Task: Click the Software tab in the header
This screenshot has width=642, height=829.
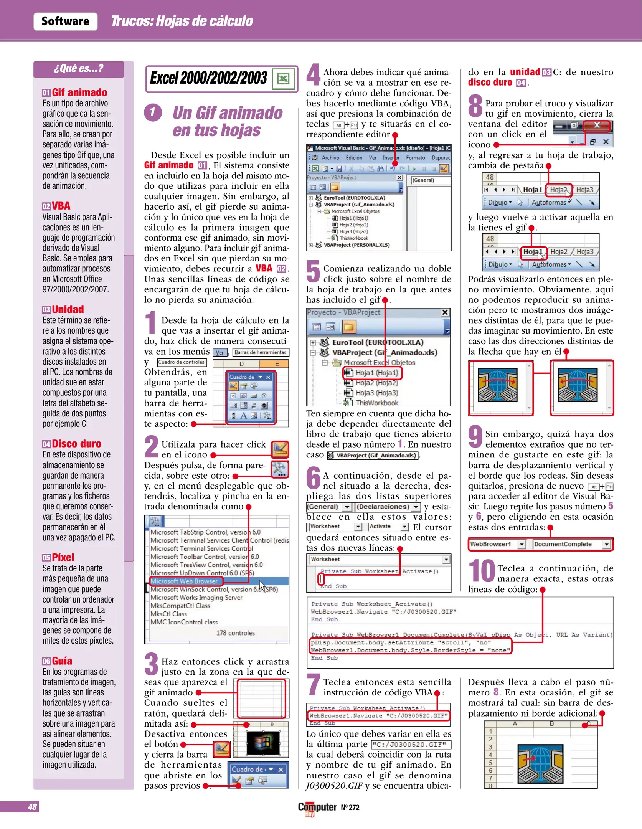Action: [65, 21]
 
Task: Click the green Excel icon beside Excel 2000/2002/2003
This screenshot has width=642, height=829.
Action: [283, 79]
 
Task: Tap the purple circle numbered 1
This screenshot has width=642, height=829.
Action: [153, 112]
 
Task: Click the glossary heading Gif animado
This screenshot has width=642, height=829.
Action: [79, 92]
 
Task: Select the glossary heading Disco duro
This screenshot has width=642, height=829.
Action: [76, 444]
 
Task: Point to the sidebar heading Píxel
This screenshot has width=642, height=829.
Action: [63, 557]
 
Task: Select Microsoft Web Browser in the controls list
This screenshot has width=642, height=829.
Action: [184, 581]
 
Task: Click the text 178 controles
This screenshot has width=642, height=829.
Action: [235, 633]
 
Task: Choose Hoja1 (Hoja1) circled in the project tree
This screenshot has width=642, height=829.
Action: [376, 373]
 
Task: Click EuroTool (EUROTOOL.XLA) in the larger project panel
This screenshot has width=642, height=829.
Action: [378, 342]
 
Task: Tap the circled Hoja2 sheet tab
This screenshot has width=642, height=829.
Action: [558, 190]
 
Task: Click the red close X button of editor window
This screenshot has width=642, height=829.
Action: [597, 125]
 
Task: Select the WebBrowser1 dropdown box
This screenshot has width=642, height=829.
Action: [497, 544]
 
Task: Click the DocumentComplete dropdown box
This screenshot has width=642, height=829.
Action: [571, 544]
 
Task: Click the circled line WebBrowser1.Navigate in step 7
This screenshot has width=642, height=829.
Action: [378, 716]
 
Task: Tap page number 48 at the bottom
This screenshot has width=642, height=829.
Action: [32, 807]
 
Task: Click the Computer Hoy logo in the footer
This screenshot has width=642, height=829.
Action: [317, 808]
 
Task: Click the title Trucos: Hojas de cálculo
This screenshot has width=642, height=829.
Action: [182, 21]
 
